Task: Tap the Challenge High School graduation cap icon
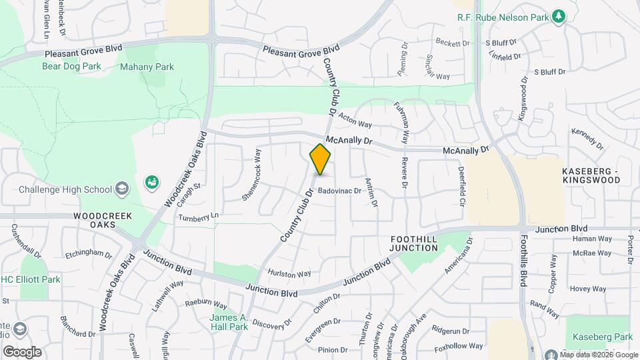121,189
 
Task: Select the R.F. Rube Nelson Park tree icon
559,15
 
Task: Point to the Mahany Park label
147,67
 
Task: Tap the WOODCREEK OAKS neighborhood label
103,221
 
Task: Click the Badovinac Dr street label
339,191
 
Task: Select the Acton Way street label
355,120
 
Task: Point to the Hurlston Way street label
289,273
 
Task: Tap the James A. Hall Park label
229,322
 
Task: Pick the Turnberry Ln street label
198,217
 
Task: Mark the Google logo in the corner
22,351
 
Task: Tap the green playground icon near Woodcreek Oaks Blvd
151,182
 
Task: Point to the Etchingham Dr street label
89,254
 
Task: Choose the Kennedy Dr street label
587,138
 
